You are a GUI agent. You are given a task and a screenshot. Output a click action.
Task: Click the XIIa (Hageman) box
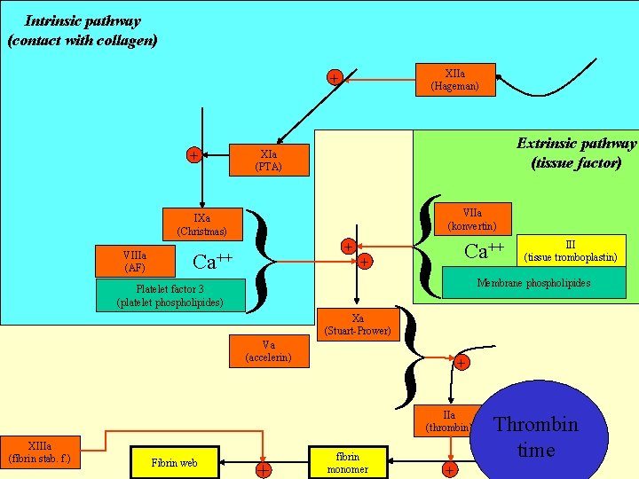(x=454, y=80)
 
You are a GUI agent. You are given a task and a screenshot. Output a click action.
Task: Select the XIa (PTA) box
(x=267, y=160)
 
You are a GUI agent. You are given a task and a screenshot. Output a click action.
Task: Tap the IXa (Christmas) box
(x=201, y=224)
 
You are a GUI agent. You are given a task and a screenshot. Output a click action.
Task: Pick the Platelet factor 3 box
(x=170, y=295)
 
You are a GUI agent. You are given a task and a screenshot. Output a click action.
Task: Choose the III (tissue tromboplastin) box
(x=570, y=251)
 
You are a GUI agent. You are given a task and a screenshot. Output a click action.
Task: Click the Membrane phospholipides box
(x=533, y=283)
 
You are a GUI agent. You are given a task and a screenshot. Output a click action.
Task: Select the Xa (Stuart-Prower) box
(x=357, y=325)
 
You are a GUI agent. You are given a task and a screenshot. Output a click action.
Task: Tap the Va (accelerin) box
(x=269, y=351)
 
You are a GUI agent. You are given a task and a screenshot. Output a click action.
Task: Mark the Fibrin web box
(x=175, y=462)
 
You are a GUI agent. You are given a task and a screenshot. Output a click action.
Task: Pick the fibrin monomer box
(x=348, y=462)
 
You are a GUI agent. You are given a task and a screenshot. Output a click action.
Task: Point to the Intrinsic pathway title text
(x=82, y=30)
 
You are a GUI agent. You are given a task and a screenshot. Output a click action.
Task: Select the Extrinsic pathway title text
(x=576, y=153)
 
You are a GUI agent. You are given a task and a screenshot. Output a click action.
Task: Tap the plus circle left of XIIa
(x=334, y=79)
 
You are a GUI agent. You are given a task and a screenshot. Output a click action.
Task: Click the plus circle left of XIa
(x=193, y=155)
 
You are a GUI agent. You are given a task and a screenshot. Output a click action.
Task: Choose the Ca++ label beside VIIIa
(x=213, y=262)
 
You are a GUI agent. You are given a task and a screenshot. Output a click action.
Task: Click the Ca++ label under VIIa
(x=485, y=250)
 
